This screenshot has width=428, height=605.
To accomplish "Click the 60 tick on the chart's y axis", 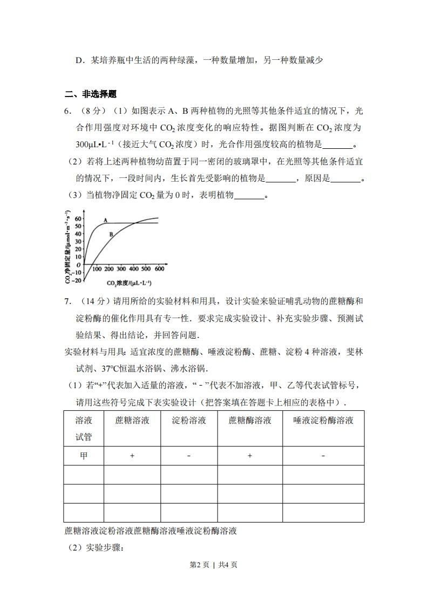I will coord(78,218).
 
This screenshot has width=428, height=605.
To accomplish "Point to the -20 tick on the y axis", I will coord(77,280).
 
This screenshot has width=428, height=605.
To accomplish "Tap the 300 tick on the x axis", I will coord(121,269).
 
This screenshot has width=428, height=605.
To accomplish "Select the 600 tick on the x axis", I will coord(159,269).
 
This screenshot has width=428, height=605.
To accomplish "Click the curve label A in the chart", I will coord(106,220).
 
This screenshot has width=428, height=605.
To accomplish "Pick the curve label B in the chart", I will coord(111,235).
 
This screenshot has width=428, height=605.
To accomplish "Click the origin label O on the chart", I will coord(79,265).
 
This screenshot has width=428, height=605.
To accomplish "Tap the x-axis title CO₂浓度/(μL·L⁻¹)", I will coord(129,283).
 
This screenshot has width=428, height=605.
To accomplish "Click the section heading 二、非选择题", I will coord(91,94).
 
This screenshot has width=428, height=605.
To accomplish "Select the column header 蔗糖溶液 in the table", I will coord(132,420).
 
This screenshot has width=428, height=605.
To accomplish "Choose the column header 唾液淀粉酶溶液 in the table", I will coord(323,420).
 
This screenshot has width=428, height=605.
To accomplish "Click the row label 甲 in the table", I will coord(84,456).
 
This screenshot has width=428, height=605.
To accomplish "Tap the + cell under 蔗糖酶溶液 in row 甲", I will coord(249,456).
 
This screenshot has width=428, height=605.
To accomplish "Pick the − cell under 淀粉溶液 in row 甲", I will coord(189,456).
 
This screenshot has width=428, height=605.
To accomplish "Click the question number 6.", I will coord(67,112).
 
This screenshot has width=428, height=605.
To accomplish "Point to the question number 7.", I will coord(67,301).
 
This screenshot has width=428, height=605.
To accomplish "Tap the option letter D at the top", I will coord(79,60).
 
